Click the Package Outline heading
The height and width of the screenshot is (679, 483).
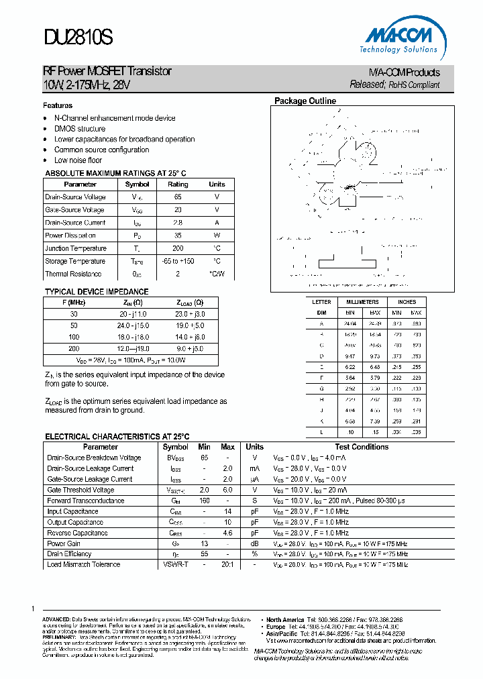point(305,101)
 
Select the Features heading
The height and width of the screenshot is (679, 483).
point(58,105)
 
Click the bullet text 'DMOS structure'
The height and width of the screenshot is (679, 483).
point(80,129)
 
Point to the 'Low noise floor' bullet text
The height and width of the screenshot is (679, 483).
point(78,161)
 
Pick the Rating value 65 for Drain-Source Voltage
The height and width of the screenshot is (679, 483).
point(178,197)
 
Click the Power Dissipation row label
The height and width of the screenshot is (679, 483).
point(70,236)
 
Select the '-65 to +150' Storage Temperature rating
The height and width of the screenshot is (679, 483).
point(178,261)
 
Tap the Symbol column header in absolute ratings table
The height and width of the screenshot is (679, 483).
point(137,185)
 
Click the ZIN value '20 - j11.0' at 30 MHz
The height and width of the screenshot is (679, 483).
point(133,314)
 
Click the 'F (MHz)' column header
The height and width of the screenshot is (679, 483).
point(74,303)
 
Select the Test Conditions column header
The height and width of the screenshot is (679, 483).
point(362,447)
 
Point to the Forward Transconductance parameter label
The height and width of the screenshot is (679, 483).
point(85,501)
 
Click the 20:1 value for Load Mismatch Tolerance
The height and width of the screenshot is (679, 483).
point(227,564)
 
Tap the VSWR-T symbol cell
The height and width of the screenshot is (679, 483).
point(175,564)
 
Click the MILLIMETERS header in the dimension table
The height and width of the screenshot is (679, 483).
point(362,302)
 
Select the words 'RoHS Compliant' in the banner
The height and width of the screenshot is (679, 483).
point(415,85)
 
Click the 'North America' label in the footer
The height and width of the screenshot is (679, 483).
point(285,619)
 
